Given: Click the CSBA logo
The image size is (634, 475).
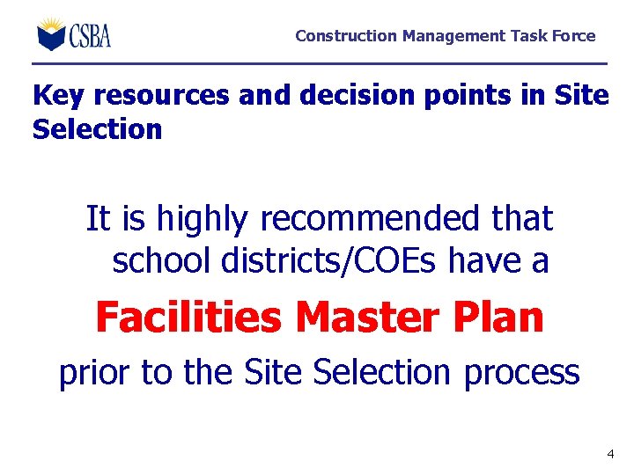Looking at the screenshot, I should click(x=74, y=34).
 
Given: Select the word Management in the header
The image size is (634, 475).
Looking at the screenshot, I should click(x=453, y=36).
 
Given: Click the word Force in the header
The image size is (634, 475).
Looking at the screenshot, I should click(x=575, y=36).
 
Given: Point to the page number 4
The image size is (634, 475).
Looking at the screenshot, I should click(x=610, y=455).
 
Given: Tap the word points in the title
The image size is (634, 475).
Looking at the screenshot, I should click(x=475, y=96).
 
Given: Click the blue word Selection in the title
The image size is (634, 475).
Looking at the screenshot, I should click(x=97, y=129).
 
